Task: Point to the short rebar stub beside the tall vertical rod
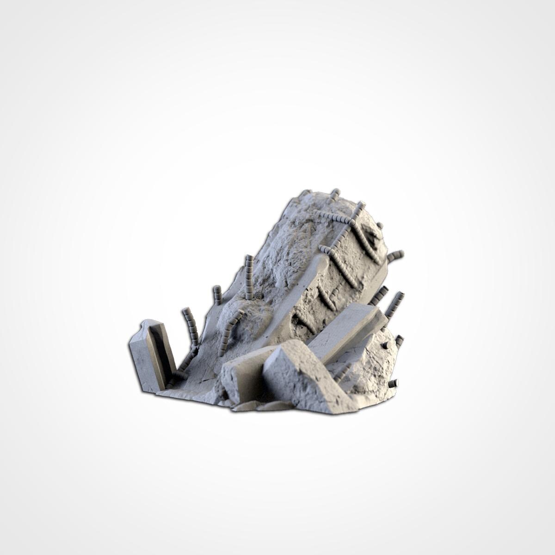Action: pos(216,295)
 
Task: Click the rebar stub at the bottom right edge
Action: pos(393,383)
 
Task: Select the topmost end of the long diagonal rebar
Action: pos(361,204)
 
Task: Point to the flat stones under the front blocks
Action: pos(259,406)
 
